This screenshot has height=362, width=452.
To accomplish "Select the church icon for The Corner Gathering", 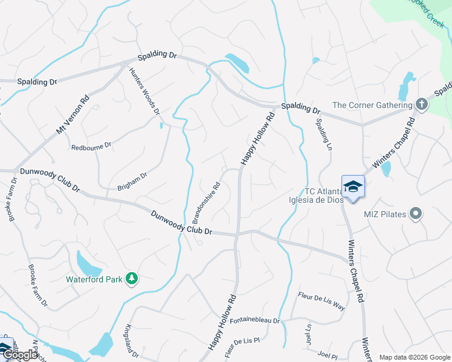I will click(x=422, y=106).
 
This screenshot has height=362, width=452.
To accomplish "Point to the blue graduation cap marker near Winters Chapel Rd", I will click(x=353, y=188).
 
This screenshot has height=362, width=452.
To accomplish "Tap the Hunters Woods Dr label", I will click(x=144, y=91).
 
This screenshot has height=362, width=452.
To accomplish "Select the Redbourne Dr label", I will click(x=91, y=146).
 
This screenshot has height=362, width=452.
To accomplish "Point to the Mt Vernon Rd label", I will click(x=73, y=114).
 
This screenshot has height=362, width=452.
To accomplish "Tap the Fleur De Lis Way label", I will click(x=321, y=300).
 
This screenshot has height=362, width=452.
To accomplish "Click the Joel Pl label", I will click(x=327, y=356).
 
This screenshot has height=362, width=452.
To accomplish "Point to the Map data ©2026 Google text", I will click(x=414, y=357).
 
